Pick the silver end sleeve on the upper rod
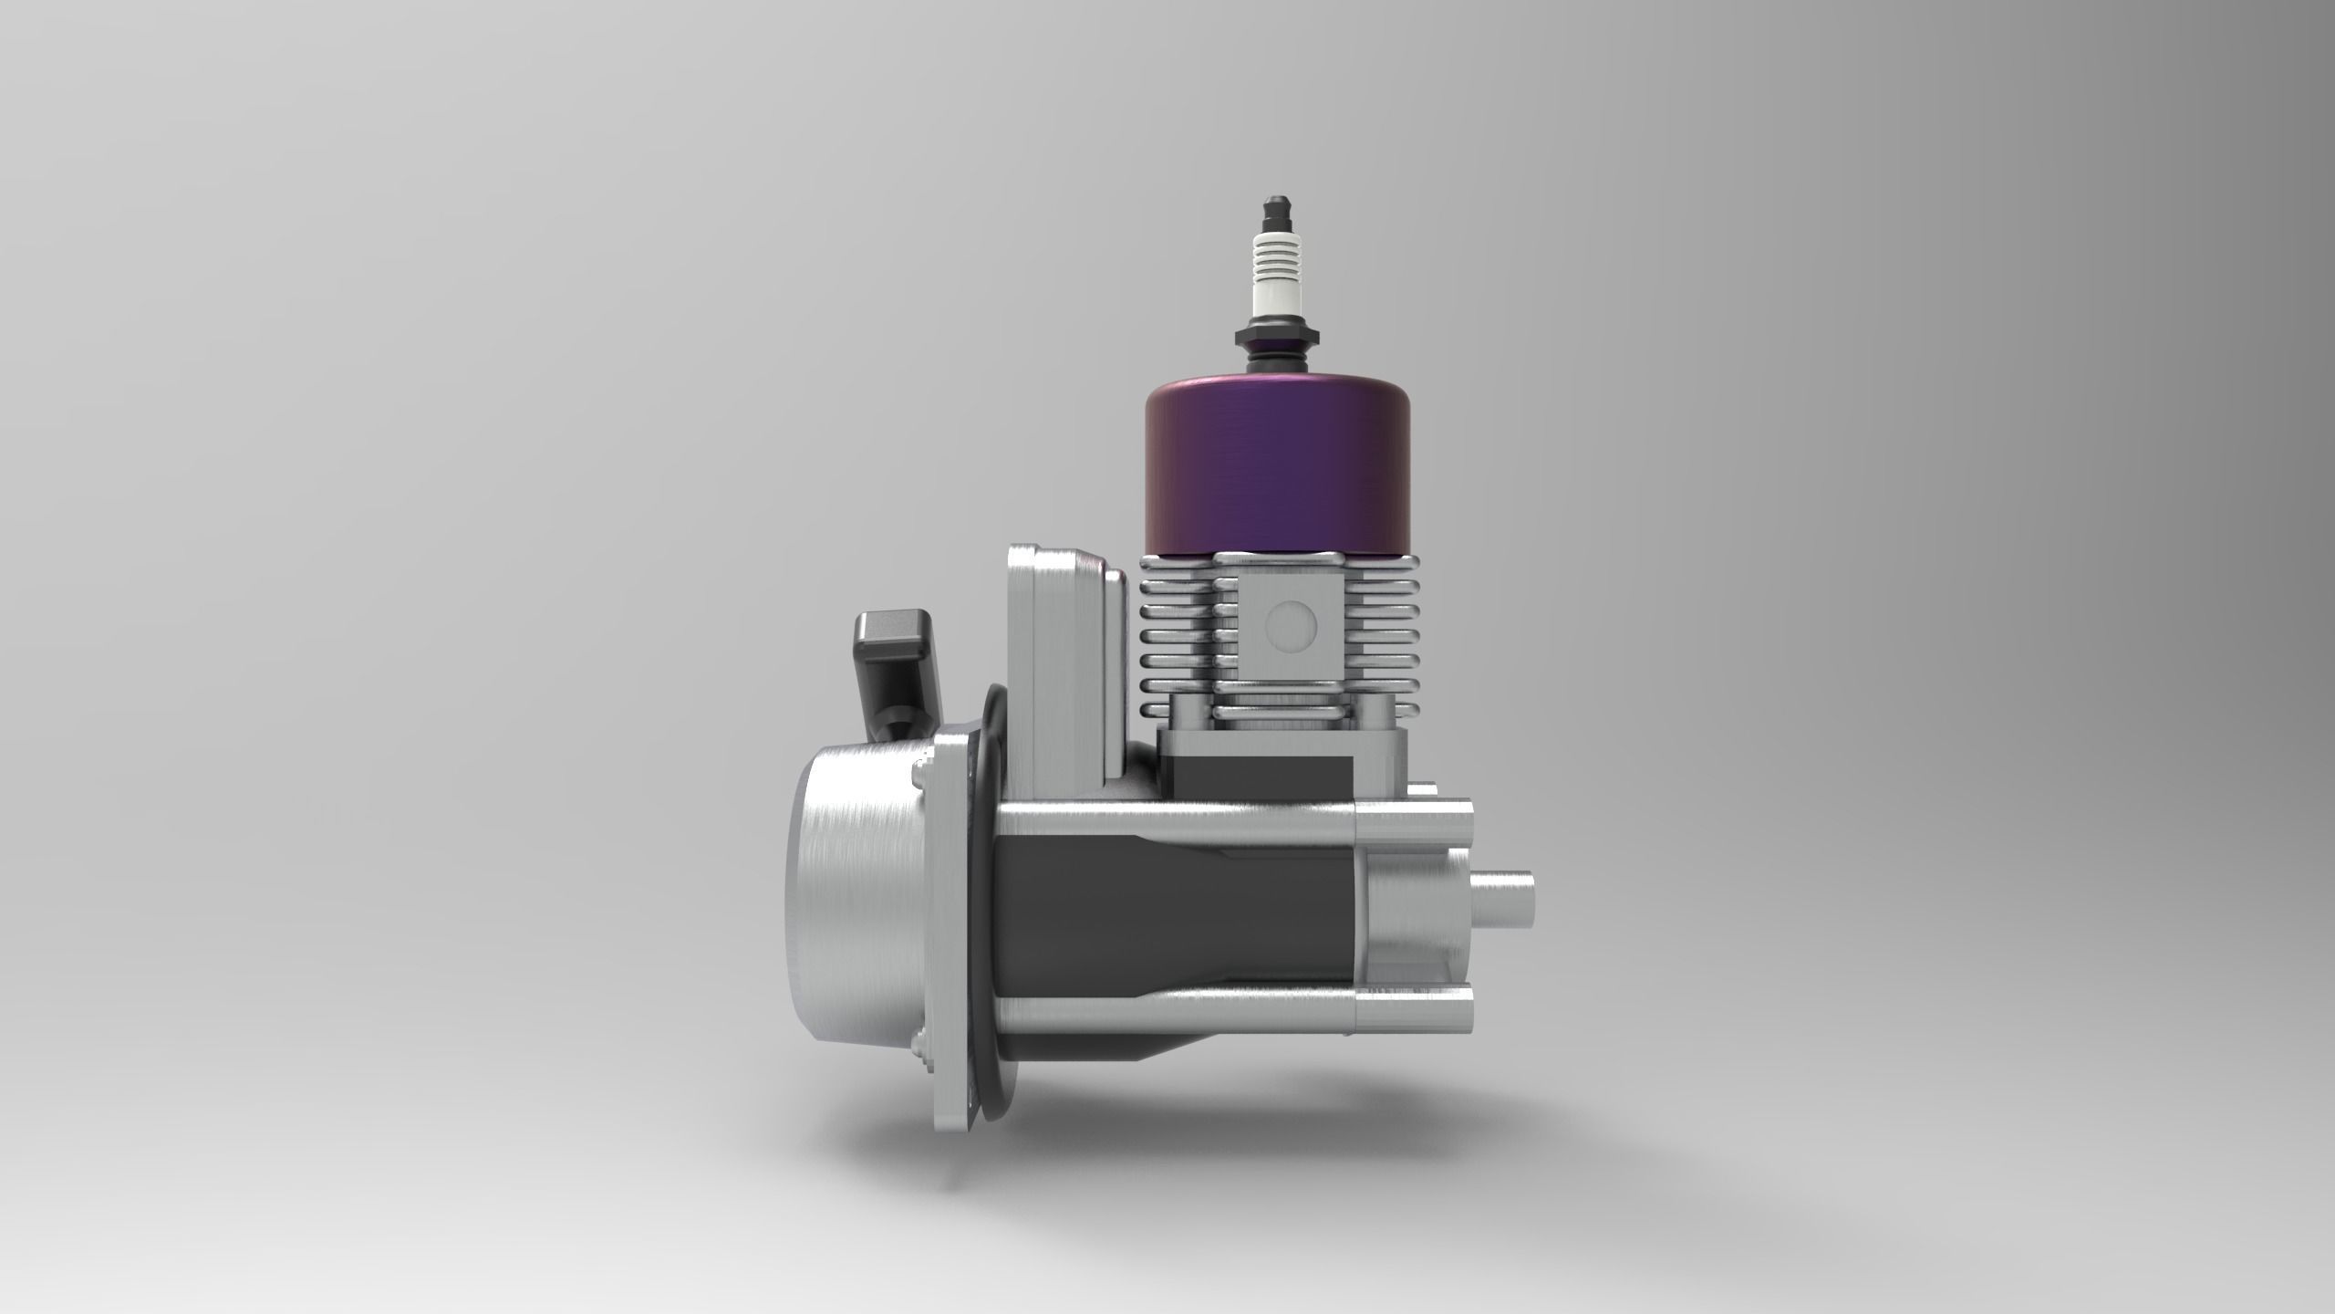(x=1414, y=819)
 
